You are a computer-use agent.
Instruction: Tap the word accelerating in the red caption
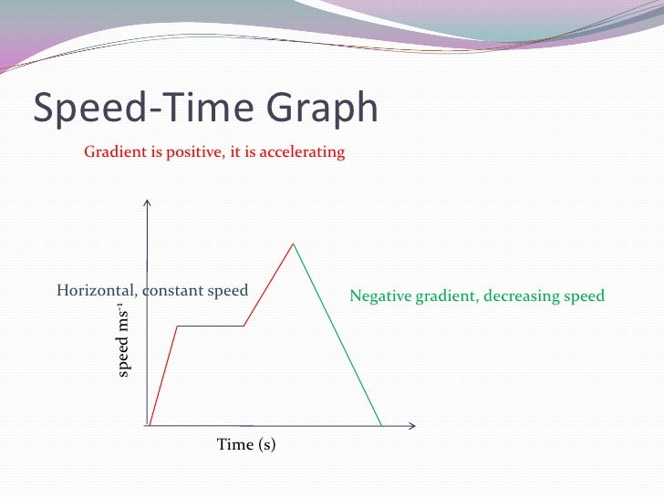[302, 151]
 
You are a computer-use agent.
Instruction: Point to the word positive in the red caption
[193, 151]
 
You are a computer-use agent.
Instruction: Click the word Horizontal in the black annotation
[94, 291]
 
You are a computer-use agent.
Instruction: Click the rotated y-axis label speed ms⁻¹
[125, 343]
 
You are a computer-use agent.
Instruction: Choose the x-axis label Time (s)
[246, 445]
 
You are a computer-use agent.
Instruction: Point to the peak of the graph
[293, 244]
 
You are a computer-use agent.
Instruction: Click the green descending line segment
[337, 334]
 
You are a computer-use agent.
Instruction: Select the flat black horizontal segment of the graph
[210, 326]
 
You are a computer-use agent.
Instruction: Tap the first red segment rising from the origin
[162, 376]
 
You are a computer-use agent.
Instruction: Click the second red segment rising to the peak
[269, 284]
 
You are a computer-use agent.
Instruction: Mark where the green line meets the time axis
[380, 425]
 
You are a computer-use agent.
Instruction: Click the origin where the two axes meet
[147, 425]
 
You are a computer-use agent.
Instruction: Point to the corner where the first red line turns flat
[176, 326]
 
